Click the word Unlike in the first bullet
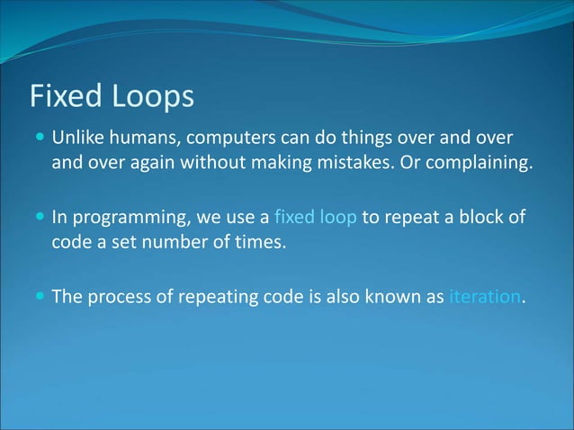click(x=76, y=139)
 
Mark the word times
click(x=263, y=243)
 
